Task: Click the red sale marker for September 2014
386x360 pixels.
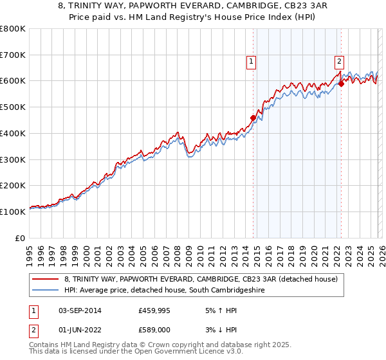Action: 253,118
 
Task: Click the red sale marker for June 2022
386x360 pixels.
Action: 341,84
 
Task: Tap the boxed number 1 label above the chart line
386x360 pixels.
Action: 250,62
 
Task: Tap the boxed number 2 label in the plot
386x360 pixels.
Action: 338,62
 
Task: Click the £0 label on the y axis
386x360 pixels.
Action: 21,238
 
